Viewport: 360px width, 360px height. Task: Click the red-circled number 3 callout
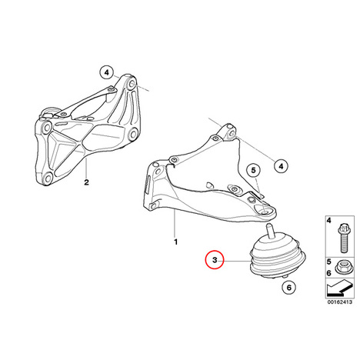point(215,260)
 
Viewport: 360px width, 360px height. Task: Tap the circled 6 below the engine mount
point(289,288)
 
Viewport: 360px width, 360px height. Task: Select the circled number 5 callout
point(253,170)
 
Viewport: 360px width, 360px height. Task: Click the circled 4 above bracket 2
point(107,72)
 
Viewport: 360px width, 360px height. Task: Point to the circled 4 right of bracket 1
point(281,166)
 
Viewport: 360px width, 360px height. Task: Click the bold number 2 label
point(86,182)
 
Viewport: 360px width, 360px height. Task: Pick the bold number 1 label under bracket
point(175,242)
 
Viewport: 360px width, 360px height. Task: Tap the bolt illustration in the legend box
point(343,238)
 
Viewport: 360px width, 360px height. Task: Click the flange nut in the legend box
point(343,267)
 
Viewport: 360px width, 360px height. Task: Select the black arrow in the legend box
point(339,288)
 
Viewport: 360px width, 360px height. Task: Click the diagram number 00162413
point(340,302)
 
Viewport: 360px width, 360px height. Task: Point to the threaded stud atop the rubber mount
point(270,231)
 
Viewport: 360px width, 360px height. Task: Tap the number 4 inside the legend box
point(329,220)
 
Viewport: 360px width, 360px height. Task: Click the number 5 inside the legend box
point(329,262)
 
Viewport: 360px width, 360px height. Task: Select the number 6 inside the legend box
point(329,273)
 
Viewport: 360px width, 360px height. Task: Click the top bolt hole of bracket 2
point(132,84)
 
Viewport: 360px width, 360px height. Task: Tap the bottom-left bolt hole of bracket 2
point(47,178)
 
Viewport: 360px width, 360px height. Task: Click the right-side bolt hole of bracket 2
point(133,134)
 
